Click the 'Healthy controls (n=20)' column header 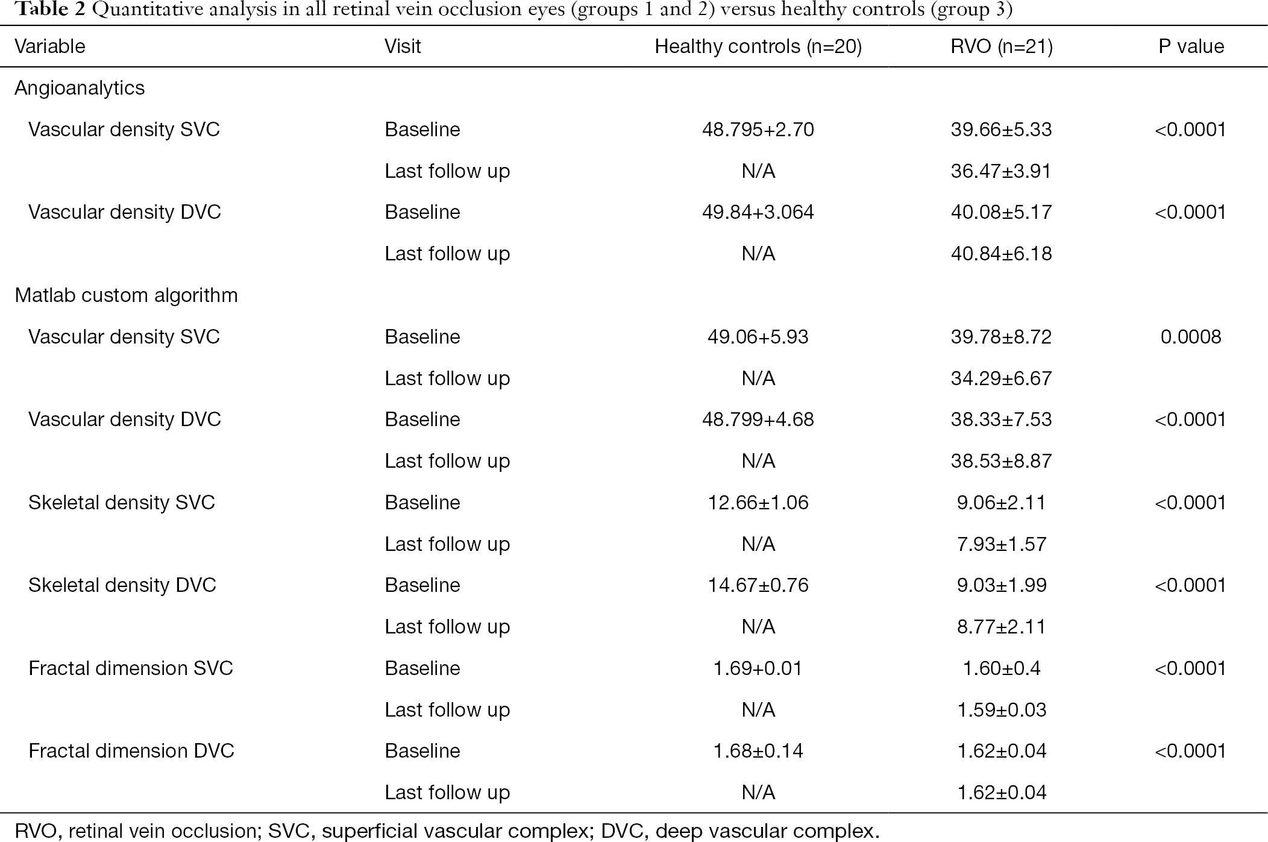click(x=758, y=46)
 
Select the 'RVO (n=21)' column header click(x=1001, y=46)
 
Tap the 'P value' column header click(x=1191, y=46)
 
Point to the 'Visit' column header click(x=403, y=46)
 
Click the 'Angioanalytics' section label click(x=80, y=88)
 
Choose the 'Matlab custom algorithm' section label click(x=126, y=295)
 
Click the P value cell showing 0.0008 click(x=1191, y=336)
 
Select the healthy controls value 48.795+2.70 click(x=758, y=130)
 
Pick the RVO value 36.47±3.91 click(x=1001, y=171)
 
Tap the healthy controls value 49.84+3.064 click(x=758, y=212)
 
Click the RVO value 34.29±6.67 click(x=1001, y=379)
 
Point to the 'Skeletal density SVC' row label click(x=121, y=503)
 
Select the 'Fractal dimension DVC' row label click(x=131, y=751)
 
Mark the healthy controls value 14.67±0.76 click(x=758, y=585)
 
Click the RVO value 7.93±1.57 click(x=1001, y=544)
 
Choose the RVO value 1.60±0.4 click(x=1001, y=668)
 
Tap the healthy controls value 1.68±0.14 click(x=758, y=751)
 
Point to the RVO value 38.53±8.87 click(x=1001, y=461)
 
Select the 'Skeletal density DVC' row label click(x=122, y=585)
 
